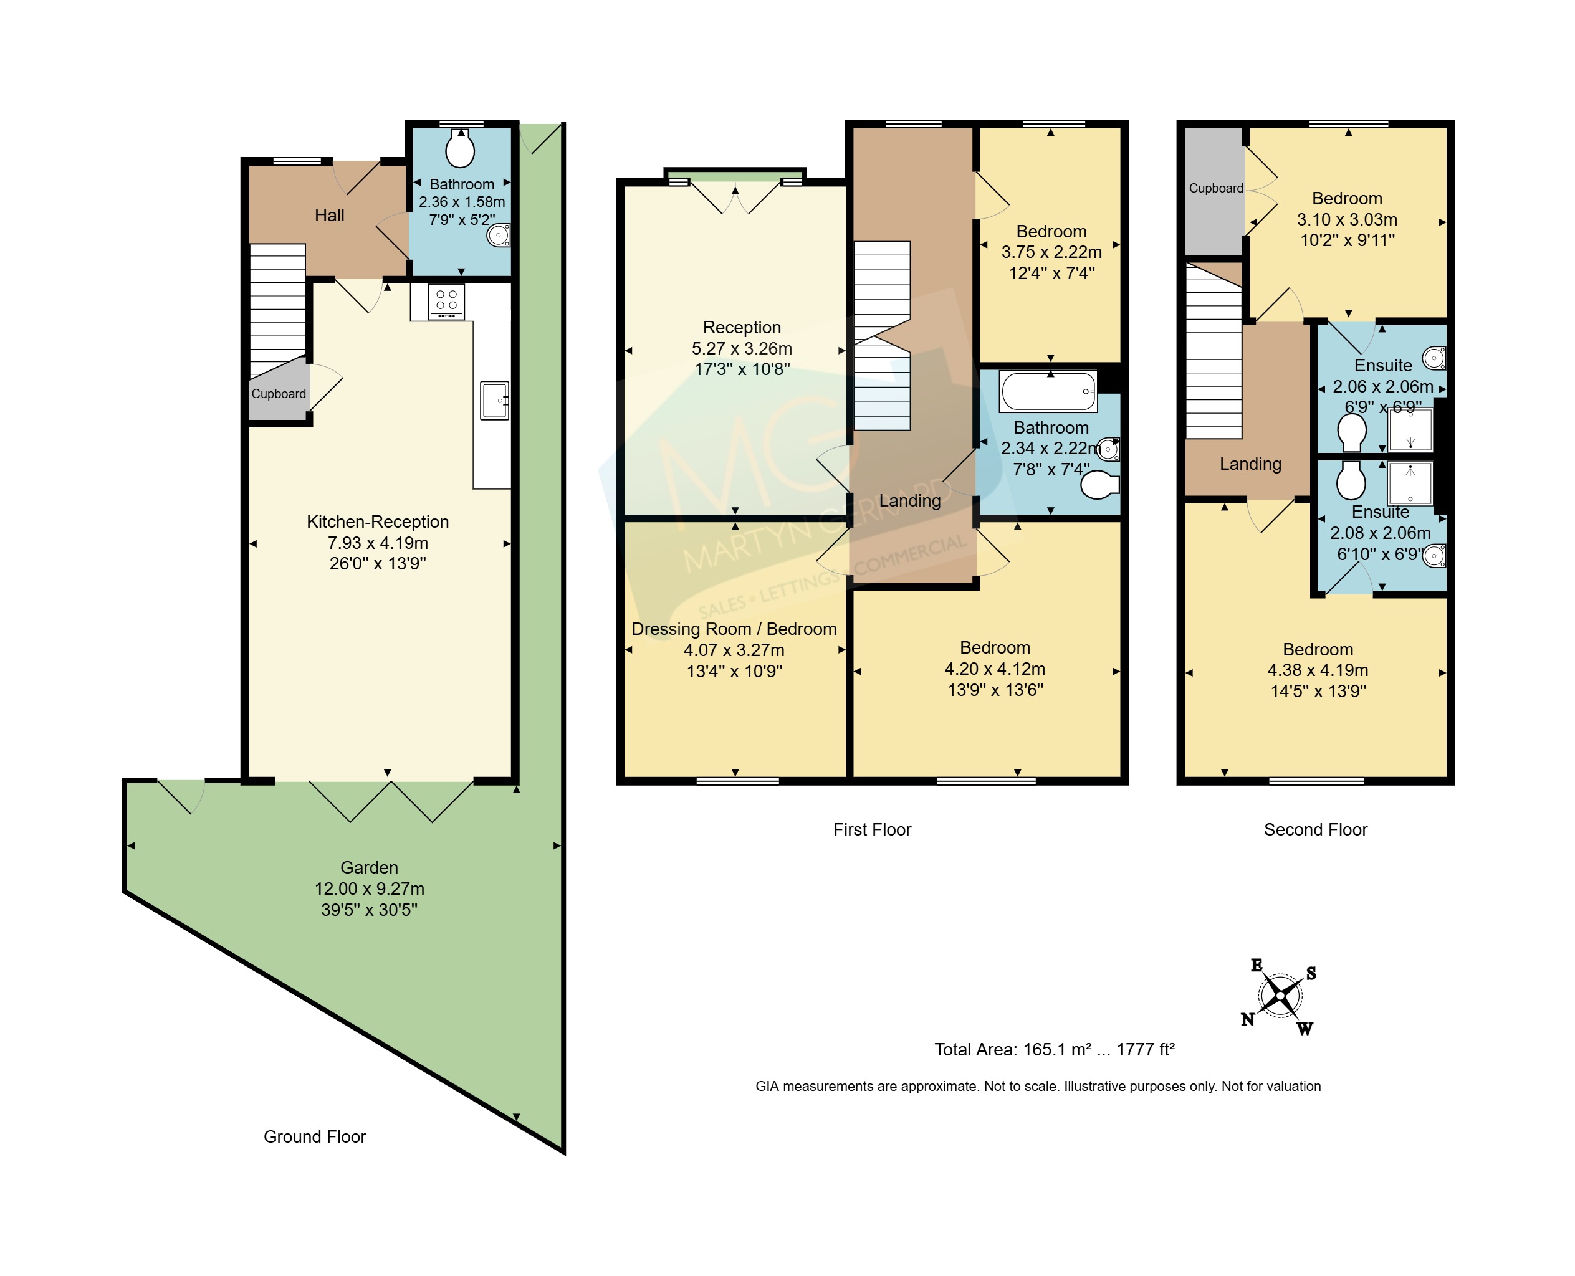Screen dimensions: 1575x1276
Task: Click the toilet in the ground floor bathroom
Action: pyautogui.click(x=461, y=148)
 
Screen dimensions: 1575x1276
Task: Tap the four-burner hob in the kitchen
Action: pyautogui.click(x=446, y=302)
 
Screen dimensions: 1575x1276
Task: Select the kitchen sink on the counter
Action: pyautogui.click(x=495, y=401)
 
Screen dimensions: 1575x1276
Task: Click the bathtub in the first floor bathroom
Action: pyautogui.click(x=1048, y=390)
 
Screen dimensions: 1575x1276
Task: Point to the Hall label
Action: pyautogui.click(x=330, y=216)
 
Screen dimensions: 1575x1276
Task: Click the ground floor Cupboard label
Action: pyautogui.click(x=279, y=394)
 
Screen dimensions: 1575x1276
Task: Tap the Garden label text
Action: pyautogui.click(x=369, y=867)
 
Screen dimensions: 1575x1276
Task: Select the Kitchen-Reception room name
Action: pyautogui.click(x=378, y=522)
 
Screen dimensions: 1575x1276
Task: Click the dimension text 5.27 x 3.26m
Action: pyautogui.click(x=742, y=348)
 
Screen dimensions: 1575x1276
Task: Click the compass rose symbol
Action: pyautogui.click(x=1280, y=996)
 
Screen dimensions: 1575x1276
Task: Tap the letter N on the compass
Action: pyautogui.click(x=1248, y=1019)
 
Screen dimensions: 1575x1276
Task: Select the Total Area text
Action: pyautogui.click(x=1055, y=1050)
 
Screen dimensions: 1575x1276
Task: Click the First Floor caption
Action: pyautogui.click(x=872, y=830)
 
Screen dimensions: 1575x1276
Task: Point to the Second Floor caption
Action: pyautogui.click(x=1316, y=830)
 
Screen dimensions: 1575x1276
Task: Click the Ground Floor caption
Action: pyautogui.click(x=315, y=1137)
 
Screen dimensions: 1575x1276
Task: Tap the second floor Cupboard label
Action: pyautogui.click(x=1216, y=188)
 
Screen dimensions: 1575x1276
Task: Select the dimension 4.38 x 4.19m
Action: pyautogui.click(x=1318, y=670)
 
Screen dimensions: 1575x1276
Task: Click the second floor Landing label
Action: pyautogui.click(x=1251, y=464)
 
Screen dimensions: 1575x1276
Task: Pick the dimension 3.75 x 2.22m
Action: pyautogui.click(x=1051, y=252)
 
